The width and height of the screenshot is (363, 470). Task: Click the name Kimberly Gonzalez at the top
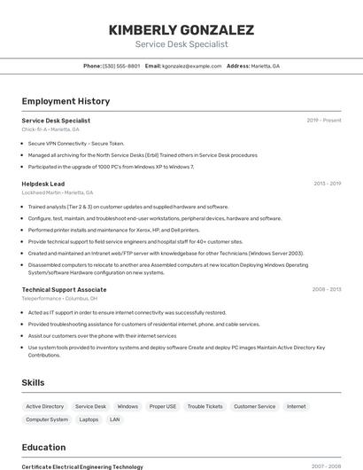click(x=181, y=30)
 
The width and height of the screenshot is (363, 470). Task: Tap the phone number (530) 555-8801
click(x=121, y=66)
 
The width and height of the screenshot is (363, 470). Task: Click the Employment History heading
click(x=66, y=101)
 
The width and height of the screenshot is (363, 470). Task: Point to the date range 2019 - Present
click(x=324, y=120)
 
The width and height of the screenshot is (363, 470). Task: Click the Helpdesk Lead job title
click(x=42, y=184)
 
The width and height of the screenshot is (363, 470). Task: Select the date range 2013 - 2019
click(x=327, y=184)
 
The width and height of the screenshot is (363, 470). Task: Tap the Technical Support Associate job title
click(x=64, y=289)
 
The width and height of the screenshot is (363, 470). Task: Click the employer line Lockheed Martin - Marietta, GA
click(x=57, y=192)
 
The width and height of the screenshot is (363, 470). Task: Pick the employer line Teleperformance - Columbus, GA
click(x=59, y=298)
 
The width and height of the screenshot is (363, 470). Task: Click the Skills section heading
click(x=34, y=383)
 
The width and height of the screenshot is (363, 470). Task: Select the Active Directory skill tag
click(x=45, y=406)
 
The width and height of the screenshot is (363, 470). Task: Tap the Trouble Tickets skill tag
click(x=205, y=406)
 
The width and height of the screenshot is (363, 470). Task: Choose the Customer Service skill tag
click(x=254, y=406)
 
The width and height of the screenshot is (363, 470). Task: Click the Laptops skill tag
click(x=89, y=419)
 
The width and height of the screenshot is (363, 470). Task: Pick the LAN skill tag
click(x=115, y=419)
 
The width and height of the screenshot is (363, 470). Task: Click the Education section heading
click(x=43, y=447)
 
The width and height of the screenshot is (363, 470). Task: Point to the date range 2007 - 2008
click(x=326, y=466)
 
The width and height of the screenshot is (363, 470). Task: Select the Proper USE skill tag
click(x=162, y=406)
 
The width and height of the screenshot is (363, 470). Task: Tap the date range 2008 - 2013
click(x=327, y=289)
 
